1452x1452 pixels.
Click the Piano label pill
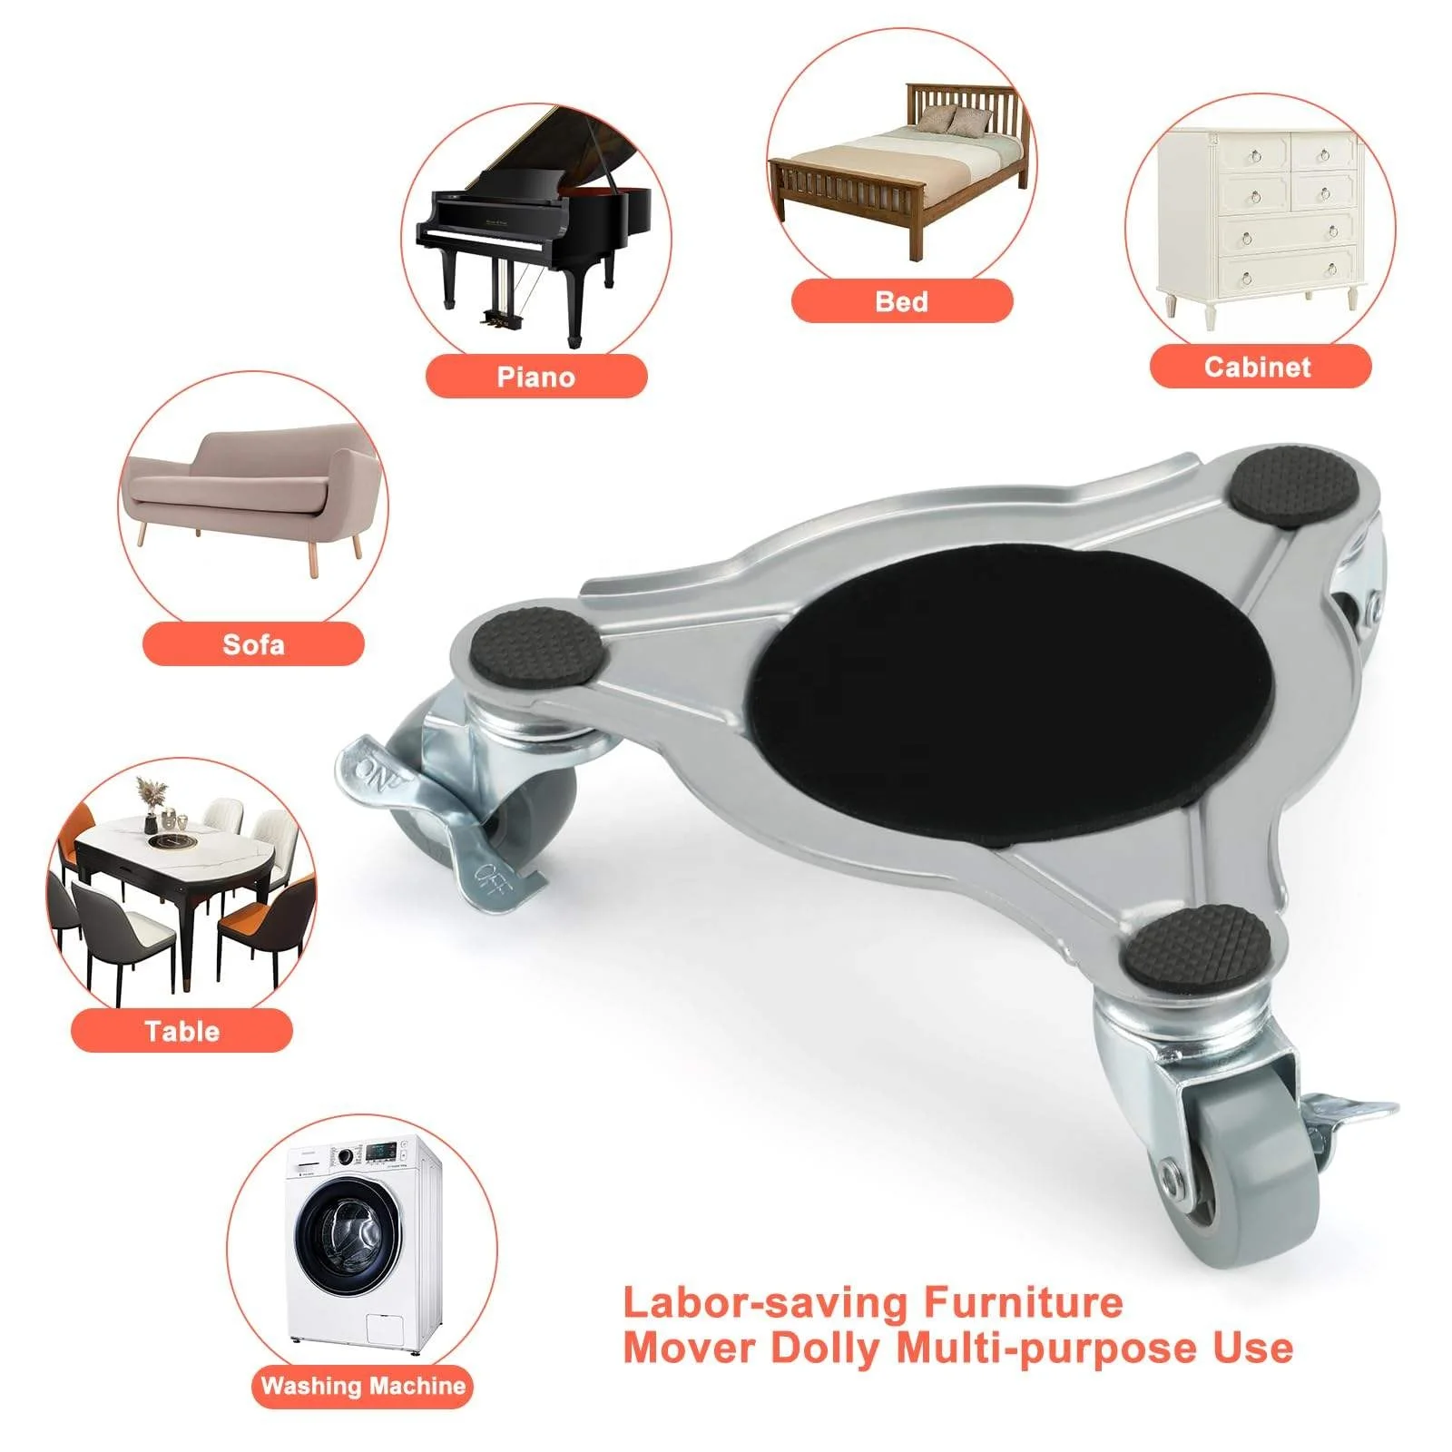coord(536,377)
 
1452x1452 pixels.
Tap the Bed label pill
coord(901,301)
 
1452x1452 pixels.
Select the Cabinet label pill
coord(1259,367)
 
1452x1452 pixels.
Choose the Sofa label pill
coord(253,644)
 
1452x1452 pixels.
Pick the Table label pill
coord(181,1031)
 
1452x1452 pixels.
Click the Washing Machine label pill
coord(362,1386)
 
